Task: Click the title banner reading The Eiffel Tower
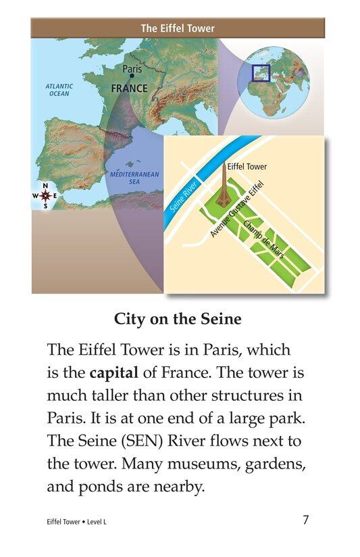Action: click(178, 28)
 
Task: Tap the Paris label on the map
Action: click(132, 68)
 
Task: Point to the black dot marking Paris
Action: click(132, 76)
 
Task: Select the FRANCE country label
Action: click(129, 89)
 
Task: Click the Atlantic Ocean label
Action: click(59, 90)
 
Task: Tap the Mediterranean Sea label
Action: click(134, 178)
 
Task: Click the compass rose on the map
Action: click(45, 196)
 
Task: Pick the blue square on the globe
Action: click(261, 73)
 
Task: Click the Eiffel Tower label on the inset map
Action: click(247, 166)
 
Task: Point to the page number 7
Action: click(306, 520)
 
